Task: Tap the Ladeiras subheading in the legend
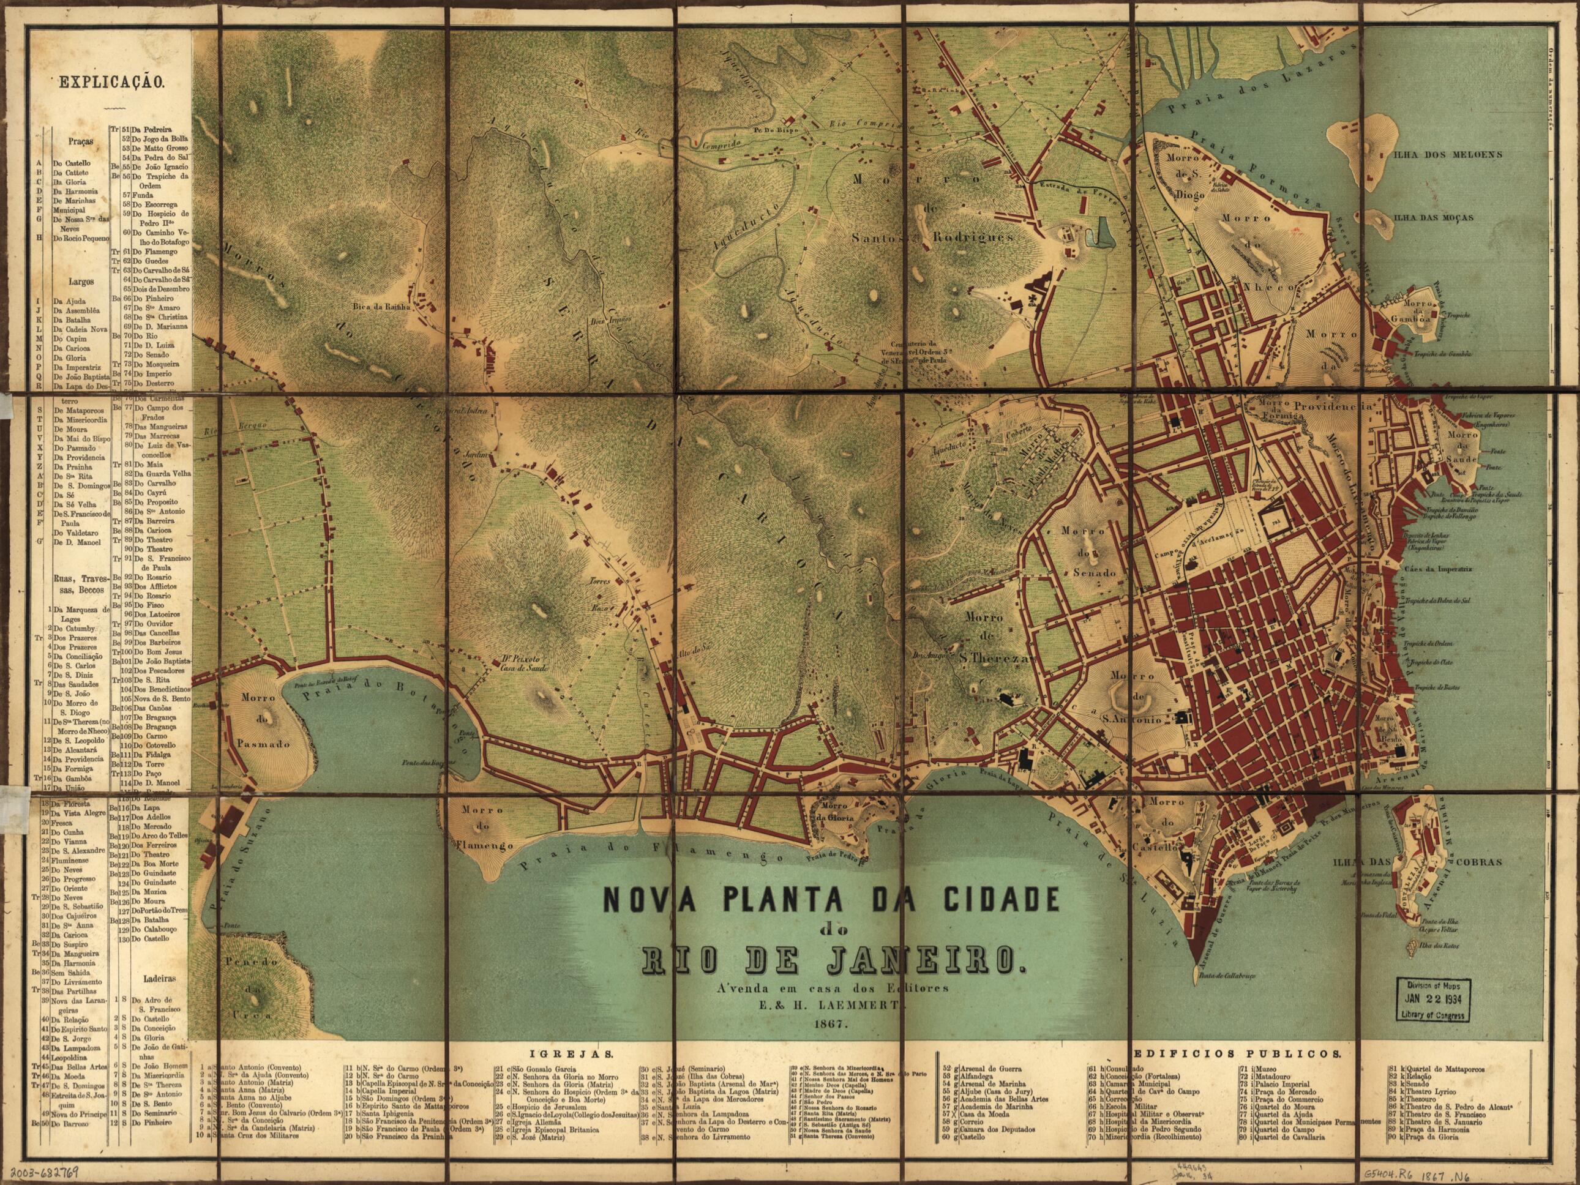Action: (x=151, y=976)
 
